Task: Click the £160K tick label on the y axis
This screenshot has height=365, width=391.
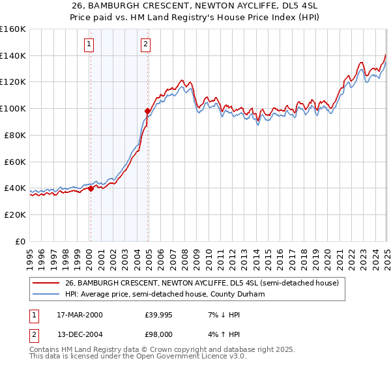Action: coord(13,29)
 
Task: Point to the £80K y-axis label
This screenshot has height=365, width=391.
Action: coord(15,135)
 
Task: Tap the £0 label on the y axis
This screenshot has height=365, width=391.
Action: coord(22,241)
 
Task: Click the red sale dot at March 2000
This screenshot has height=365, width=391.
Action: coord(91,188)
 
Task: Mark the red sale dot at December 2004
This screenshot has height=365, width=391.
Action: coord(148,111)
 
